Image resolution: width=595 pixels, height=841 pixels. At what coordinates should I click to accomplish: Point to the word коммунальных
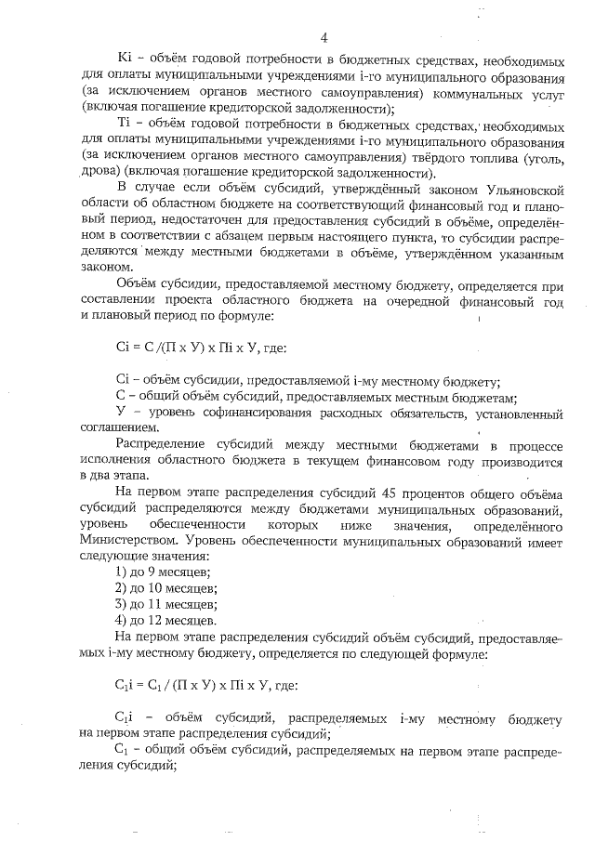(x=474, y=94)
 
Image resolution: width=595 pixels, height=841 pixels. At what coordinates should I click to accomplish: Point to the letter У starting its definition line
(x=119, y=412)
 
